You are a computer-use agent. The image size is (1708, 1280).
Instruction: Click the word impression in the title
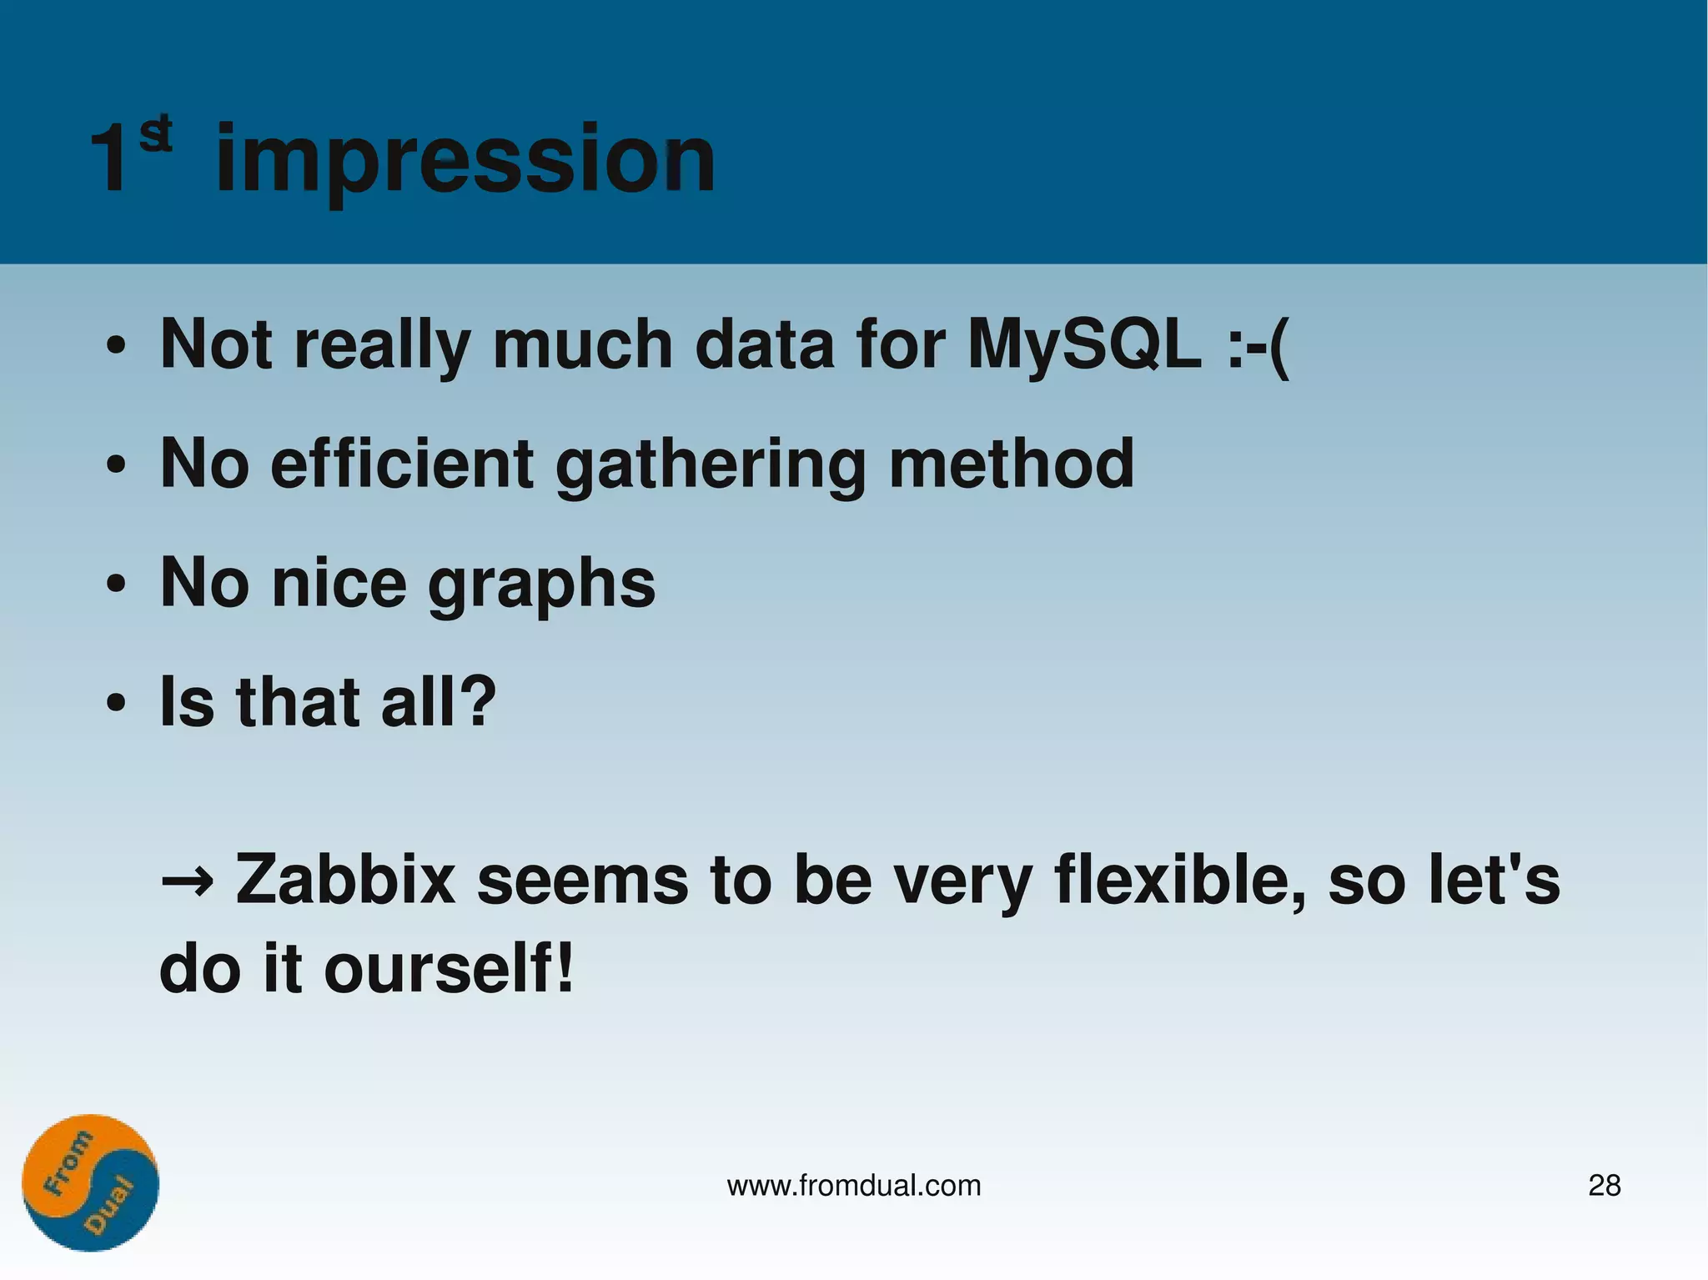click(465, 160)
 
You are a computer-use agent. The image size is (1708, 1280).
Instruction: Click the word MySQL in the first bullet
click(1084, 344)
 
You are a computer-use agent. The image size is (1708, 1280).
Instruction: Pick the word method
click(1011, 464)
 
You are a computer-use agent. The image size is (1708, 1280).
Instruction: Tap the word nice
click(339, 583)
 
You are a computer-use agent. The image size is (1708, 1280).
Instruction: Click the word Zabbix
click(345, 880)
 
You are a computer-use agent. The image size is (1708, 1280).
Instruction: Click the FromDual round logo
click(90, 1182)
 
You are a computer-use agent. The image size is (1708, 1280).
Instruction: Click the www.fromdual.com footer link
click(853, 1185)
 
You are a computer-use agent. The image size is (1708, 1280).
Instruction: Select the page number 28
click(1604, 1185)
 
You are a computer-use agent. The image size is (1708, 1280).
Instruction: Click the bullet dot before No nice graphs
click(116, 585)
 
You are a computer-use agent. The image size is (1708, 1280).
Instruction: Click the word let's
click(1492, 880)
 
